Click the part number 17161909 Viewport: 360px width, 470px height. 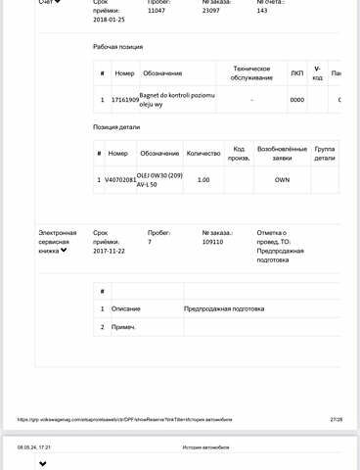[124, 100]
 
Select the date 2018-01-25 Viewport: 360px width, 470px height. [109, 19]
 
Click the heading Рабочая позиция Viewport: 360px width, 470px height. [119, 46]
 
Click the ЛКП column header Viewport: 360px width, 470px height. [297, 73]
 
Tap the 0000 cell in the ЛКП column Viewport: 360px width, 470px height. [297, 100]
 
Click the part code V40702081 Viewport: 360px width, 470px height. [121, 180]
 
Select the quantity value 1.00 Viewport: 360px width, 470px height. [203, 180]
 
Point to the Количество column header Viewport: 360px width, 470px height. [203, 154]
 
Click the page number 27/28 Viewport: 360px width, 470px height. [337, 419]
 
